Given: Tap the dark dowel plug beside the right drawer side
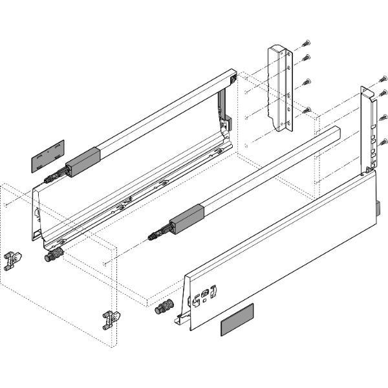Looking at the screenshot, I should coord(166,307).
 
